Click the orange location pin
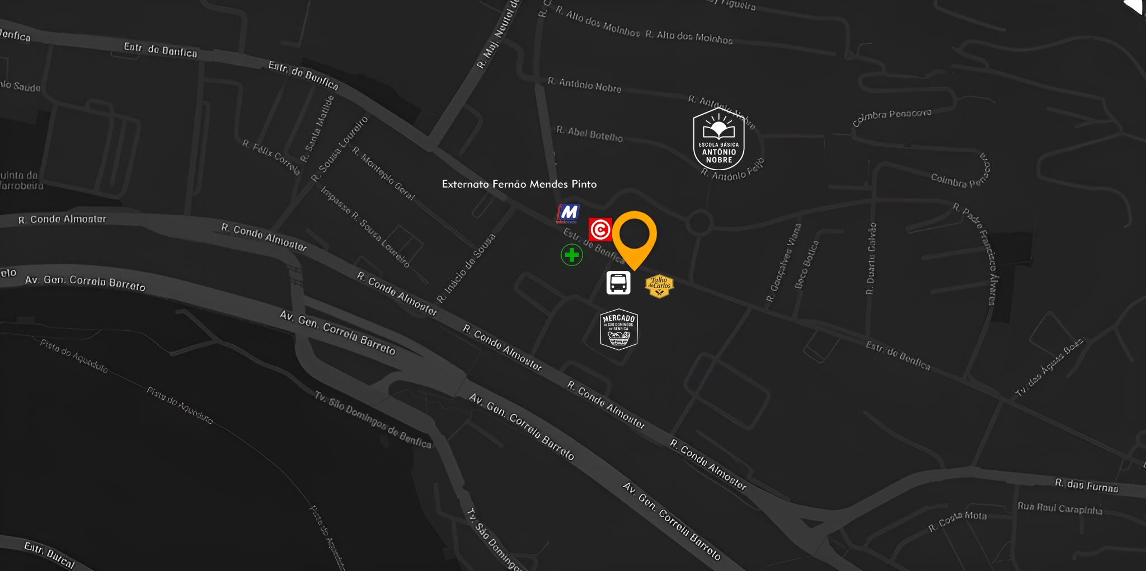click(634, 237)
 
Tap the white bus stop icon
click(618, 283)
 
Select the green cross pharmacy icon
click(572, 255)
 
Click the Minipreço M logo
click(568, 213)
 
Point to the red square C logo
click(600, 230)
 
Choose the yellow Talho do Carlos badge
click(659, 286)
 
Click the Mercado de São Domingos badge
click(618, 329)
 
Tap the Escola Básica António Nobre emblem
click(718, 139)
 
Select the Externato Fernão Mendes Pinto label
click(519, 184)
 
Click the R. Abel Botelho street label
click(589, 134)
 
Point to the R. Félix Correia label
click(271, 157)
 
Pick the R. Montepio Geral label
click(384, 174)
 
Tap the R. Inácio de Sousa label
click(466, 268)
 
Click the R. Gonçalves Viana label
click(783, 263)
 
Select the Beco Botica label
click(807, 264)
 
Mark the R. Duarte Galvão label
click(871, 259)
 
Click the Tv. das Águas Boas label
click(1049, 368)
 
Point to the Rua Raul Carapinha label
click(1060, 508)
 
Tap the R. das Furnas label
click(1087, 485)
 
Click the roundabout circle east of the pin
click(699, 223)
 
